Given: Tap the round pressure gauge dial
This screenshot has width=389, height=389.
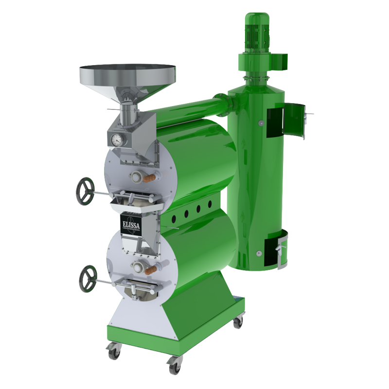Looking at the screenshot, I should (x=117, y=140).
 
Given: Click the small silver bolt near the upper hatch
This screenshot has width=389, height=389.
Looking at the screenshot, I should (x=261, y=124).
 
